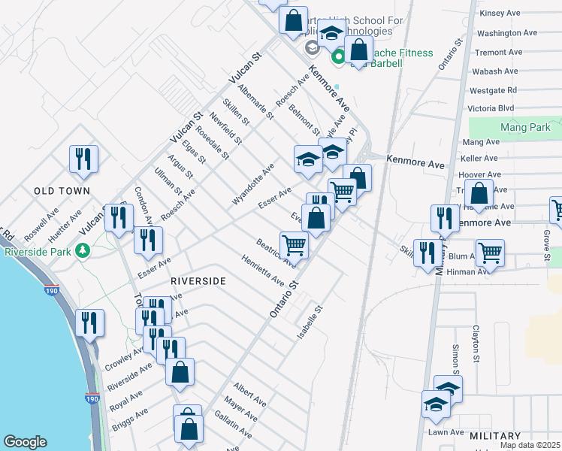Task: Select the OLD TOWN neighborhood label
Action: click(62, 191)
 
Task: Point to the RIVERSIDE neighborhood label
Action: click(198, 280)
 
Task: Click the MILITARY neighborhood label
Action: click(494, 436)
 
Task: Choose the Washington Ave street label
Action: click(507, 33)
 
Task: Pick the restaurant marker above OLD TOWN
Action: click(83, 159)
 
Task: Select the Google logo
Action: click(25, 442)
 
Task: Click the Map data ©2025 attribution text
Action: click(530, 445)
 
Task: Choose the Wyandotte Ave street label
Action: click(252, 177)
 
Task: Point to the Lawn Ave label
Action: click(446, 432)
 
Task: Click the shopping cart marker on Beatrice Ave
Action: click(293, 244)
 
